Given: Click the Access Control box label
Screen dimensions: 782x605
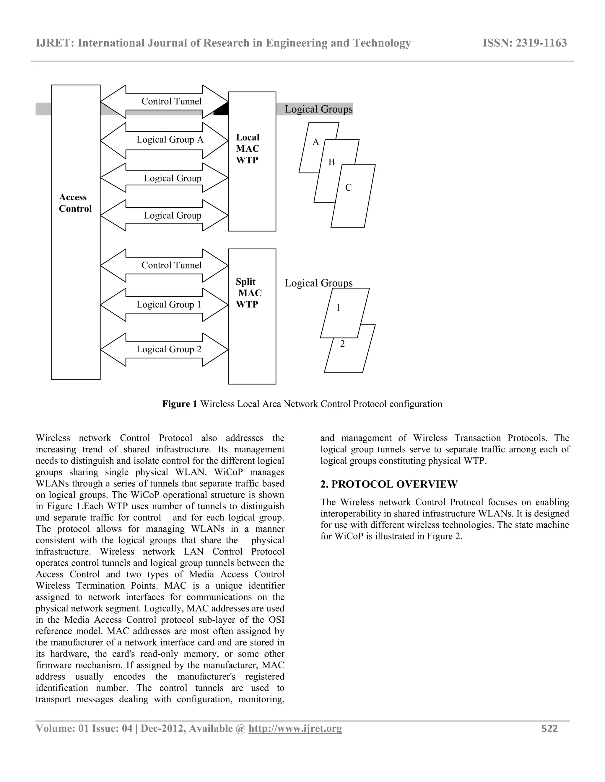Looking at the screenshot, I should tap(75, 203).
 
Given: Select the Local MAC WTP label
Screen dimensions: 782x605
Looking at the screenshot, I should tap(247, 149).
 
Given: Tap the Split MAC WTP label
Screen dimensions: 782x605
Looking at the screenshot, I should tap(248, 293).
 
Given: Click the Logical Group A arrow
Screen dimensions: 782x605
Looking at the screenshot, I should tap(164, 140).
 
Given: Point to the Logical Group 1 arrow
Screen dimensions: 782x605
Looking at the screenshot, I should tap(164, 305).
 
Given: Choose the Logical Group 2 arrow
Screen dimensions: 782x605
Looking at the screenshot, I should tap(164, 349).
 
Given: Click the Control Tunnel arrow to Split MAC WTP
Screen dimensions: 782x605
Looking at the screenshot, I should tap(164, 265).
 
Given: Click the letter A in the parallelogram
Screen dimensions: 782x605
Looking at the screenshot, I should tap(315, 143).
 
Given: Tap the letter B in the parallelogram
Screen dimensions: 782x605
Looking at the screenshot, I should tap(331, 163).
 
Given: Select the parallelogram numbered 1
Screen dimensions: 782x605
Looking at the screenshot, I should tap(344, 313).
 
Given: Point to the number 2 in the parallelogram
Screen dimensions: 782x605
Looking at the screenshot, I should tap(342, 344).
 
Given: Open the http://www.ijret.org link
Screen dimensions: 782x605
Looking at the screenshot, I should tap(295, 728).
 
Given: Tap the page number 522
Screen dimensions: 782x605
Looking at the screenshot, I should tap(549, 728).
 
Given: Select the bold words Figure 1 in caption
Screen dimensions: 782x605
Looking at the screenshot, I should tap(180, 404).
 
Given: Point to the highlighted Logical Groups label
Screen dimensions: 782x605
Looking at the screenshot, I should tap(318, 109).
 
